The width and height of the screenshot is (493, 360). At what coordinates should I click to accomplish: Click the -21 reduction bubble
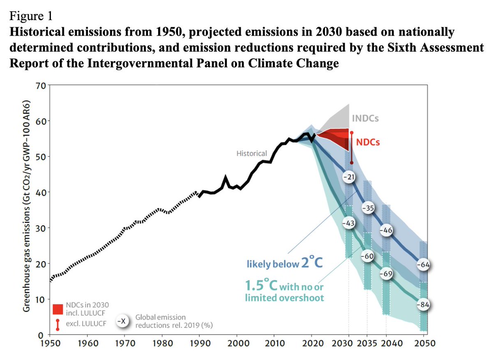coord(349,177)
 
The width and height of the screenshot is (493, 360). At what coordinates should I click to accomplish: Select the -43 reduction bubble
coord(349,222)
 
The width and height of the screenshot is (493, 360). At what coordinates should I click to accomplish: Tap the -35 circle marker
coord(368,208)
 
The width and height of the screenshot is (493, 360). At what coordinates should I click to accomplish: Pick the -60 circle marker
coord(368,257)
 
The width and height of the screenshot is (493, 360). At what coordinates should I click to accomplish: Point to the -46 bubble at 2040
coord(386,230)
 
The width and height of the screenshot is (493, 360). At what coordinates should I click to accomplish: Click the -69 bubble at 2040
coord(386,274)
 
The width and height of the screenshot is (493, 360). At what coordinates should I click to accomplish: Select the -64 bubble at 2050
coord(423,265)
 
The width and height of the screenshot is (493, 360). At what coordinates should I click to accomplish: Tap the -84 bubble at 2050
coord(423,305)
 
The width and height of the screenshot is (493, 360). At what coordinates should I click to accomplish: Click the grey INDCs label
coord(365,119)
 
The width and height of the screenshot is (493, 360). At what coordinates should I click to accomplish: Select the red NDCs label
coord(368,142)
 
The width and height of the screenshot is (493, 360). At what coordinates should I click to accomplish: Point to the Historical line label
coord(251,154)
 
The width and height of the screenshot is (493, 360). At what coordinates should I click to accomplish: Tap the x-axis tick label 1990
coord(199,343)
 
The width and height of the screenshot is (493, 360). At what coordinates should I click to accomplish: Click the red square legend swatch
coord(58,309)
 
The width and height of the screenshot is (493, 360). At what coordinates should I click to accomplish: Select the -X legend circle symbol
coord(121,321)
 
